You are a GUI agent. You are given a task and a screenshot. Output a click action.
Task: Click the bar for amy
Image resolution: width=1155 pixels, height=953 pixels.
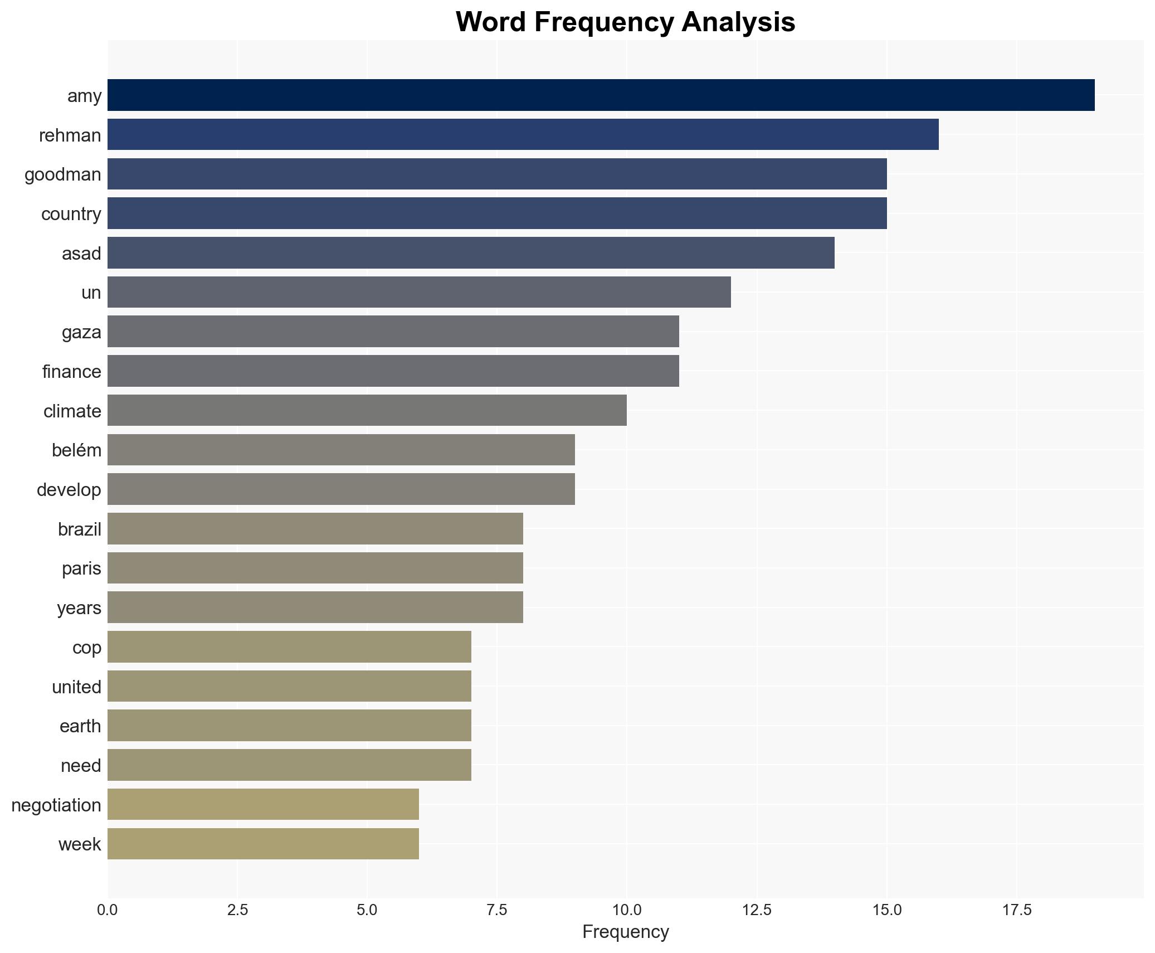click(601, 95)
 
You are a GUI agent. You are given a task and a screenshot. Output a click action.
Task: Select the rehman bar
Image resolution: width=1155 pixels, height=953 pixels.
click(523, 134)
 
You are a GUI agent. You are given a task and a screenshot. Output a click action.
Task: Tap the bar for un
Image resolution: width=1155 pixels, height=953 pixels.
click(419, 292)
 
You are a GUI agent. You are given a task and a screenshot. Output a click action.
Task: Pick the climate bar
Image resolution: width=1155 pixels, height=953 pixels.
click(367, 410)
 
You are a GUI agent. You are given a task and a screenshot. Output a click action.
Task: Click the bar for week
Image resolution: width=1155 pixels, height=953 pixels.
click(263, 844)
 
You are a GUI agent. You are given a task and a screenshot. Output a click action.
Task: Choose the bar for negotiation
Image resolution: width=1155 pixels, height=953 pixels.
click(263, 804)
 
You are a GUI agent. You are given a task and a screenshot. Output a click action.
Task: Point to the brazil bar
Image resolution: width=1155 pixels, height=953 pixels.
click(315, 528)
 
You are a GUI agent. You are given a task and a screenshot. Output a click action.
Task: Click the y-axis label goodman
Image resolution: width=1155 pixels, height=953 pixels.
click(63, 175)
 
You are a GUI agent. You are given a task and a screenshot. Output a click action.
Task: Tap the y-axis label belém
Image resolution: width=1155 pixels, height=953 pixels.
click(76, 450)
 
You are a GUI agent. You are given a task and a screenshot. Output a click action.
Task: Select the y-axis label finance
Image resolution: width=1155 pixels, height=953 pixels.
click(72, 372)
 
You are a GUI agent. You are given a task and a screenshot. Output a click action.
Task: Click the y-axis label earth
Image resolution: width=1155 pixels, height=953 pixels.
click(80, 726)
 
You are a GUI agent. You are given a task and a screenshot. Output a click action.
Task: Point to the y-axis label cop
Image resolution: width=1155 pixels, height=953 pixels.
click(86, 648)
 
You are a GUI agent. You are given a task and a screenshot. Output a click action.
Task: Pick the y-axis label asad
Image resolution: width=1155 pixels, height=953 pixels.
click(81, 254)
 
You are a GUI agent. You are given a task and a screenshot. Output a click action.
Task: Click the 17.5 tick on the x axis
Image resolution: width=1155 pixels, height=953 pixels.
click(1017, 910)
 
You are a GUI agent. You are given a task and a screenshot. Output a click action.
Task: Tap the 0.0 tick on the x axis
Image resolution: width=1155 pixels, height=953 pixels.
click(108, 910)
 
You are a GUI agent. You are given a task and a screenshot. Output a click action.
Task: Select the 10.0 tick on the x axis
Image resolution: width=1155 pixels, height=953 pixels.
click(627, 910)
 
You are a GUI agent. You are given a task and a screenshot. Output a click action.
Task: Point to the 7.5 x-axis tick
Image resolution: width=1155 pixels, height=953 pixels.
click(497, 910)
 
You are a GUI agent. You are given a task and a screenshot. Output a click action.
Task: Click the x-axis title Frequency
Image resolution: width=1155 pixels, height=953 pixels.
click(625, 932)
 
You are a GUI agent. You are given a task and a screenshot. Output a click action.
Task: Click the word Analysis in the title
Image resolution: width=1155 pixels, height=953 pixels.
click(738, 22)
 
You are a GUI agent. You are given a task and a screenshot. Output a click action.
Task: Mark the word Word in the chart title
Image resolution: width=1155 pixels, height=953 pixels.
click(491, 22)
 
